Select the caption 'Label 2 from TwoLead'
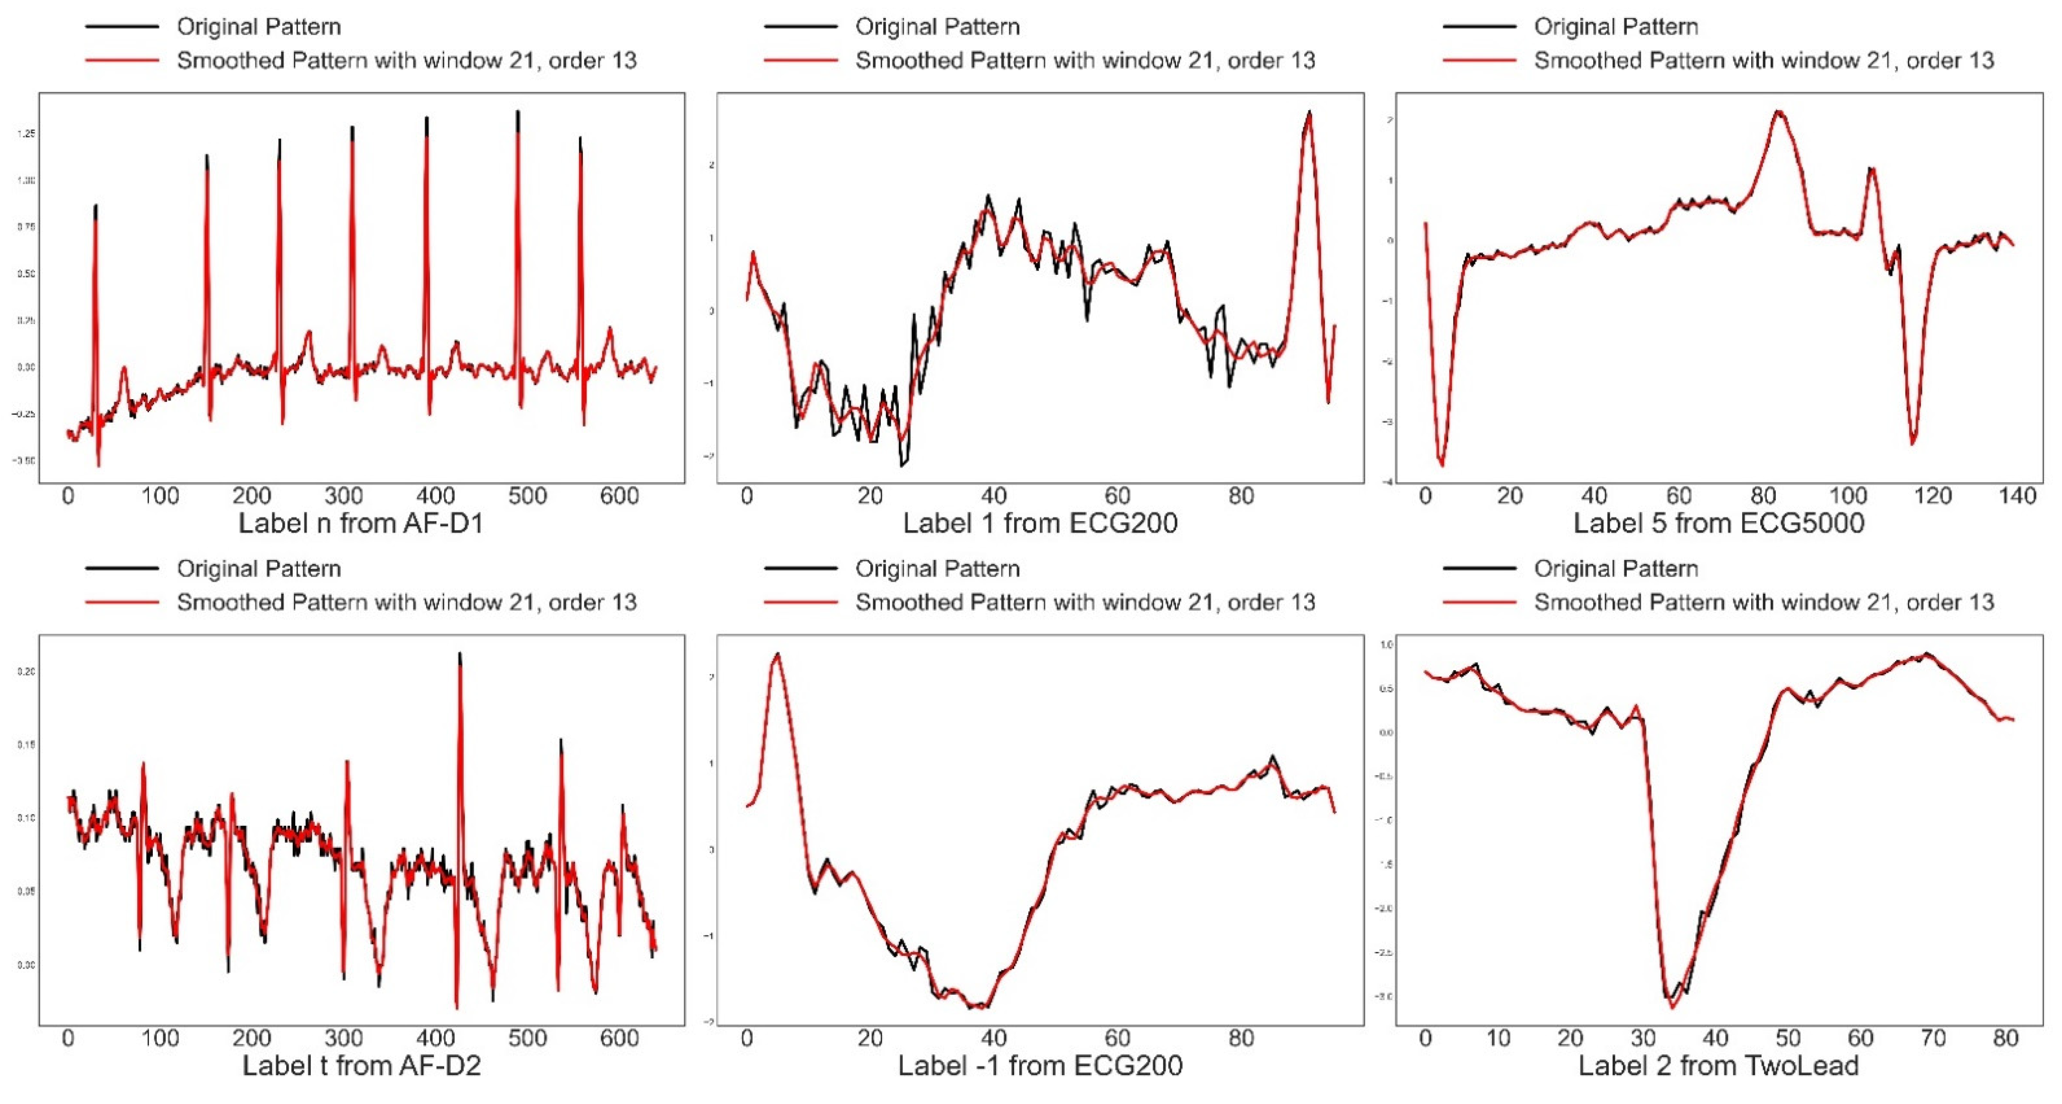1718,1066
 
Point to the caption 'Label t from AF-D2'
361,1066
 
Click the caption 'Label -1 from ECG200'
1040,1066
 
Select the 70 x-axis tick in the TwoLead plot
1933,1039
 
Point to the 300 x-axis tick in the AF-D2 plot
344,1039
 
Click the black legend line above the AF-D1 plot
121,27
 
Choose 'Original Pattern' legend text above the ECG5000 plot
1615,27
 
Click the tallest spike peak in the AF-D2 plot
459,654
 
